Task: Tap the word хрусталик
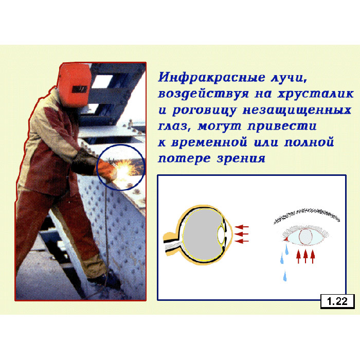pyautogui.click(x=315, y=94)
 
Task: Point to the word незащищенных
pyautogui.click(x=297, y=110)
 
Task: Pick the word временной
pyautogui.click(x=209, y=142)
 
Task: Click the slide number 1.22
pyautogui.click(x=337, y=301)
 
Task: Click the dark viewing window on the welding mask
pyautogui.click(x=79, y=89)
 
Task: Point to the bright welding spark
pyautogui.click(x=125, y=169)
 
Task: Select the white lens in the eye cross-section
pyautogui.click(x=221, y=235)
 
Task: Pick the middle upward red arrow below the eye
pyautogui.click(x=305, y=256)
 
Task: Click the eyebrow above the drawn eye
pyautogui.click(x=307, y=215)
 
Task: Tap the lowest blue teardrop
pyautogui.click(x=285, y=277)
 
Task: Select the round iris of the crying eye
pyautogui.click(x=305, y=237)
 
